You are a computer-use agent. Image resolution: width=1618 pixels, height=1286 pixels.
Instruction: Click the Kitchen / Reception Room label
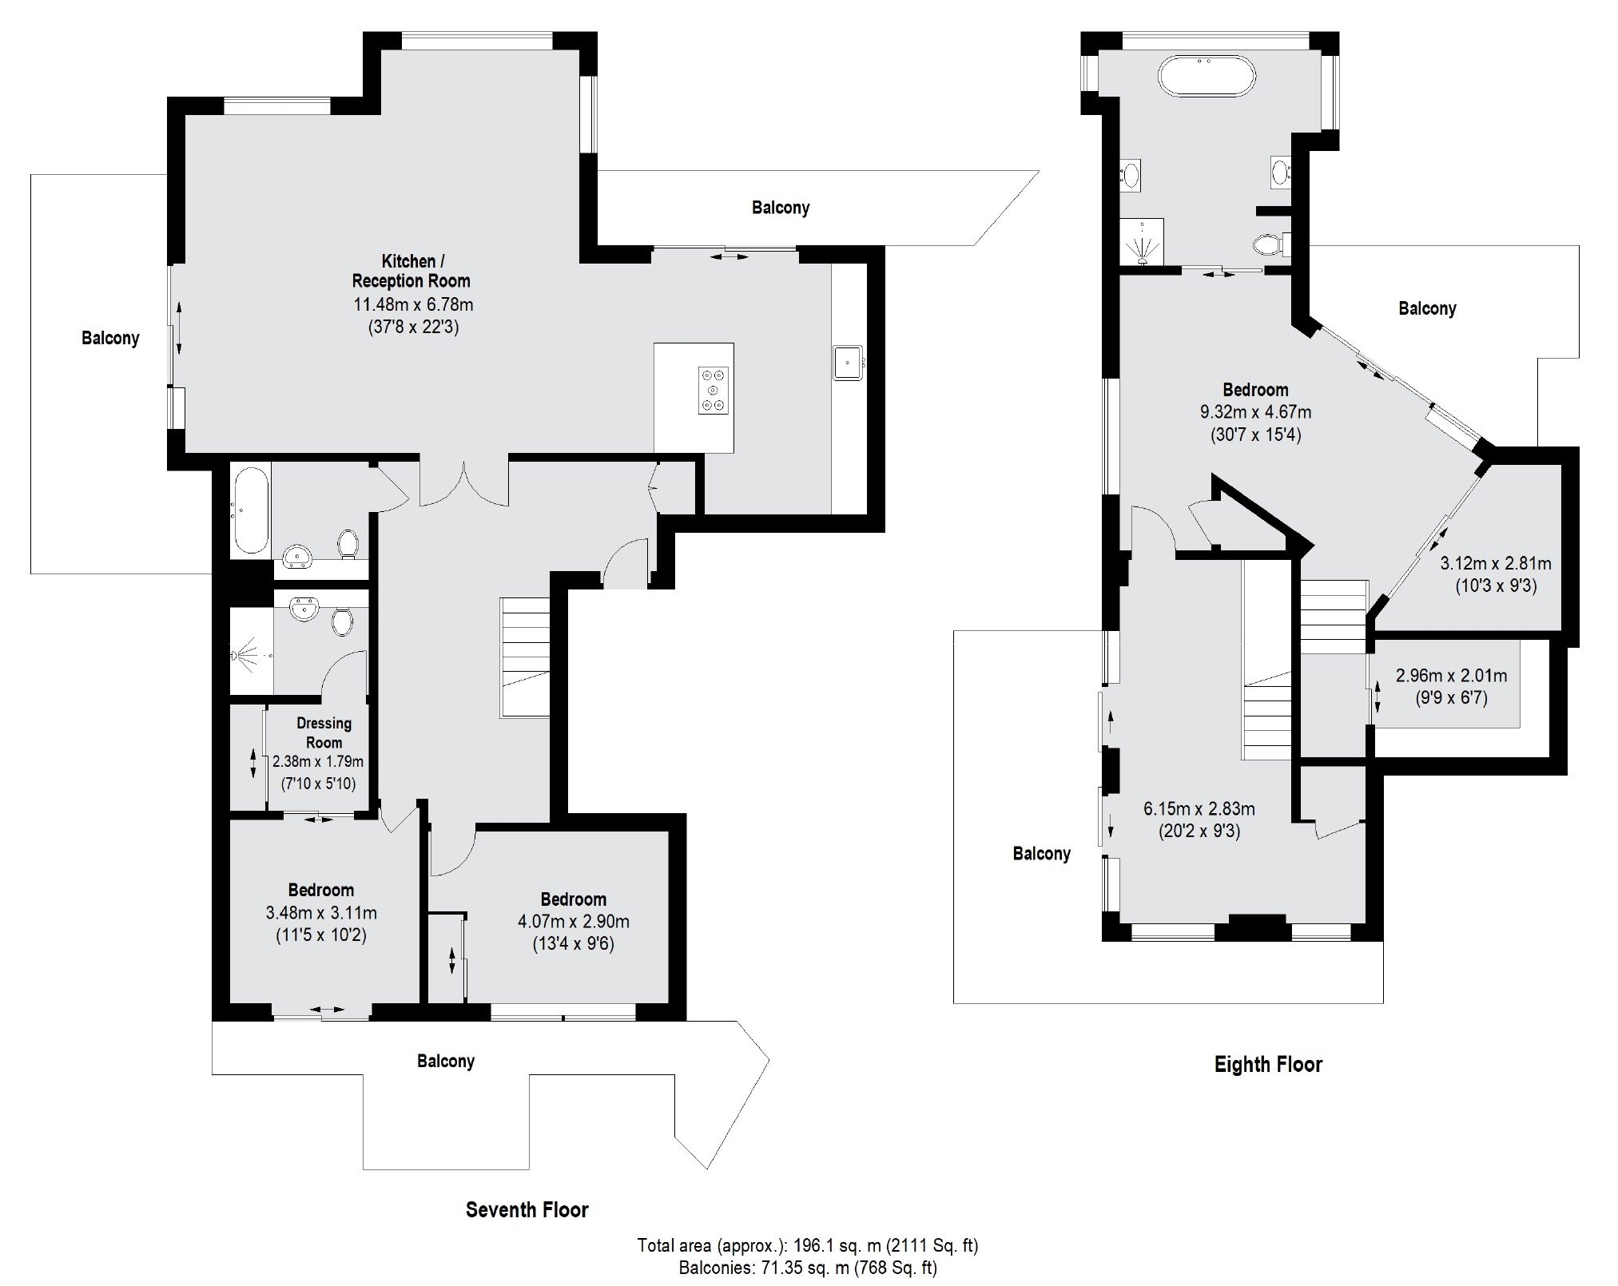411,271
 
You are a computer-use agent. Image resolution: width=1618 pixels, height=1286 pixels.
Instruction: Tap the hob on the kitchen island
714,390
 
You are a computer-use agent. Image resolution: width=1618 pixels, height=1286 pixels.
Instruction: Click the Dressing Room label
324,732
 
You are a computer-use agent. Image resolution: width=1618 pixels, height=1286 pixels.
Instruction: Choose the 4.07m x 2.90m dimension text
574,922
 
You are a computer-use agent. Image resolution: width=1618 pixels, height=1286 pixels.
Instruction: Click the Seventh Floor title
527,1210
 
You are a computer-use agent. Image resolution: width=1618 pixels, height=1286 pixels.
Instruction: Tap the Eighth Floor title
1268,1065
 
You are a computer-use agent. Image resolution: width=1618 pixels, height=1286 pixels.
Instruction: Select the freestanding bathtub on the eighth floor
1207,77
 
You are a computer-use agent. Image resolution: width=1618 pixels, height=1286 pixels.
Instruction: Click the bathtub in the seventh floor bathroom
250,511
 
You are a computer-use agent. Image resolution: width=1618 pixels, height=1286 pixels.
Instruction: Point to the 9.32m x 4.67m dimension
1255,413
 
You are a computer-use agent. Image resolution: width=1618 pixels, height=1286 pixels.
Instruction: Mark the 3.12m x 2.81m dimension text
1496,564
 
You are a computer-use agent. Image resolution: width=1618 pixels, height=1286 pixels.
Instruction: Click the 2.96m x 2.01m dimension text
1451,677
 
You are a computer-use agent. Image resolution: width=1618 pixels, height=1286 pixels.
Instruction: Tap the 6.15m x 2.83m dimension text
1199,809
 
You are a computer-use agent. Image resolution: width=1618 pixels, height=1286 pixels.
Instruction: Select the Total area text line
808,1245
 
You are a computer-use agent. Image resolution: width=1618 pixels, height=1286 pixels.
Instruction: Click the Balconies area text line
808,1268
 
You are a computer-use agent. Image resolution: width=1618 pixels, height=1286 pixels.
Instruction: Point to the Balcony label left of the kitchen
110,339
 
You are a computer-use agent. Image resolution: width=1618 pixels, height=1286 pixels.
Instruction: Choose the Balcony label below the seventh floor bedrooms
446,1062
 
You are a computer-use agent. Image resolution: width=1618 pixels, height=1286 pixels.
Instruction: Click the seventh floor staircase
526,657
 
